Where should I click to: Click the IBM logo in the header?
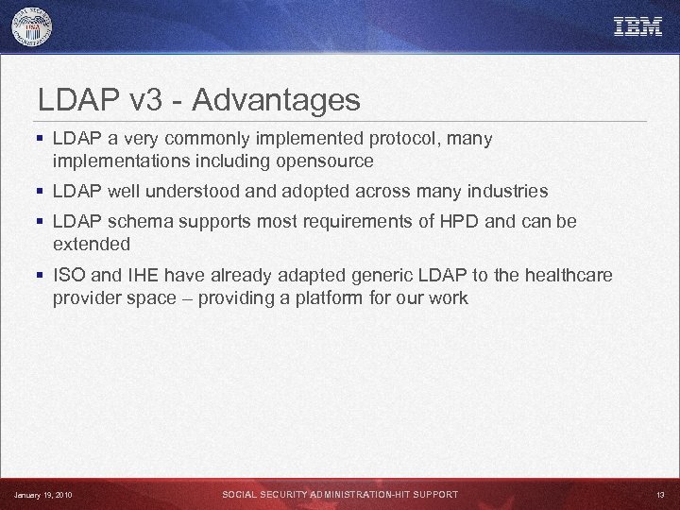pyautogui.click(x=638, y=27)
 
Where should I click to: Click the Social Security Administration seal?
pyautogui.click(x=32, y=27)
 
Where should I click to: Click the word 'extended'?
pyautogui.click(x=92, y=245)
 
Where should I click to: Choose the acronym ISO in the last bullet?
pyautogui.click(x=69, y=276)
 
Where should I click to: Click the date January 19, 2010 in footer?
pyautogui.click(x=42, y=495)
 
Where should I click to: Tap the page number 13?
pyautogui.click(x=659, y=495)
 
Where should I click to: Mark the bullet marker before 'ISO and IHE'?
pyautogui.click(x=40, y=276)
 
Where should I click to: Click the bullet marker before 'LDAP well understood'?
pyautogui.click(x=40, y=192)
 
